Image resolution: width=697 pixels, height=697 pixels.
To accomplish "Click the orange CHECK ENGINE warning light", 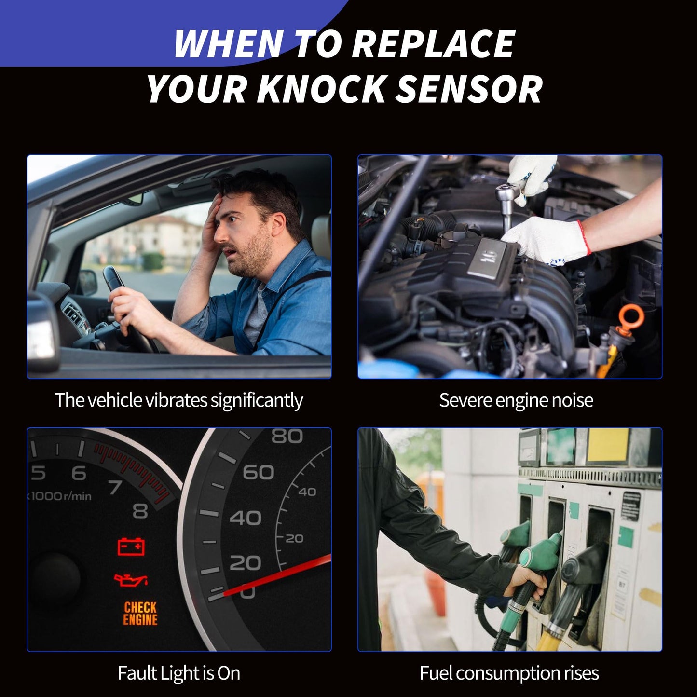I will coord(140,614).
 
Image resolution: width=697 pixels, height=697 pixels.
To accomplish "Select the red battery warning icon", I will coord(131,547).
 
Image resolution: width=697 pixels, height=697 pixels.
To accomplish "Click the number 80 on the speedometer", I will coord(287,437).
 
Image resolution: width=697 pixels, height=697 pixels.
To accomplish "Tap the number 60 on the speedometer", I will coord(258,472).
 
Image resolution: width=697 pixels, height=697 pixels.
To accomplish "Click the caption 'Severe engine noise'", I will coord(516,400).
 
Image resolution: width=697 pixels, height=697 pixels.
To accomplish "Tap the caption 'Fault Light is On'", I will coord(179,673).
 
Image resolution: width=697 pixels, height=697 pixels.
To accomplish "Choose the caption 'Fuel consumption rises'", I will coord(509,673).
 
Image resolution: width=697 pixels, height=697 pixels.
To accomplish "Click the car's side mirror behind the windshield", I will coord(87,283).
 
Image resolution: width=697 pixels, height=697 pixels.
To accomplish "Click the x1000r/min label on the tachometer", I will coord(60,496).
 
